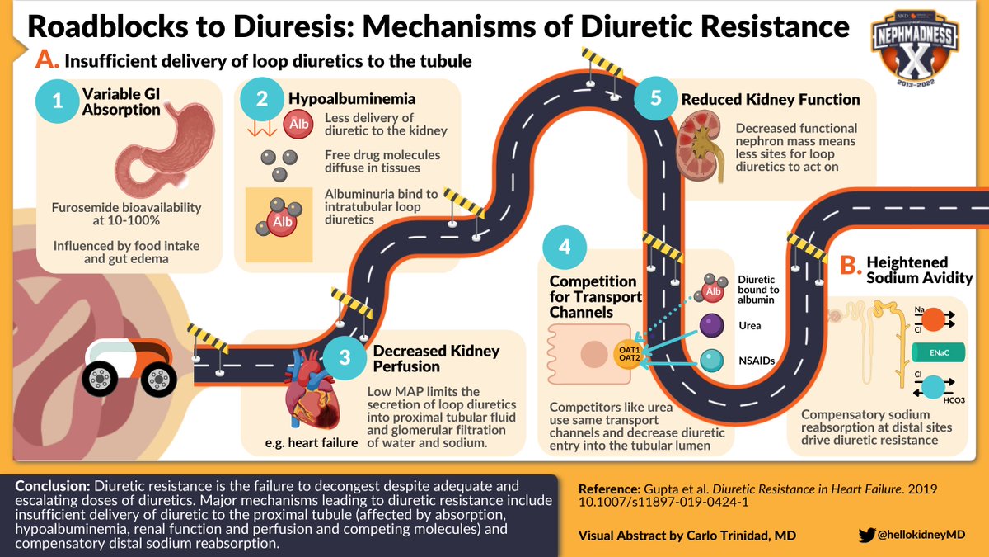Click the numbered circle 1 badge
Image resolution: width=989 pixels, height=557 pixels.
pyautogui.click(x=57, y=102)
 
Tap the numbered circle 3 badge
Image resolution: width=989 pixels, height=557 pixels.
pyautogui.click(x=345, y=357)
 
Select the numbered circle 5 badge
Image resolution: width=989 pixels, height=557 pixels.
pyautogui.click(x=656, y=100)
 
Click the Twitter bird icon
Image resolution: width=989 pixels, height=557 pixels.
pyautogui.click(x=866, y=535)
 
